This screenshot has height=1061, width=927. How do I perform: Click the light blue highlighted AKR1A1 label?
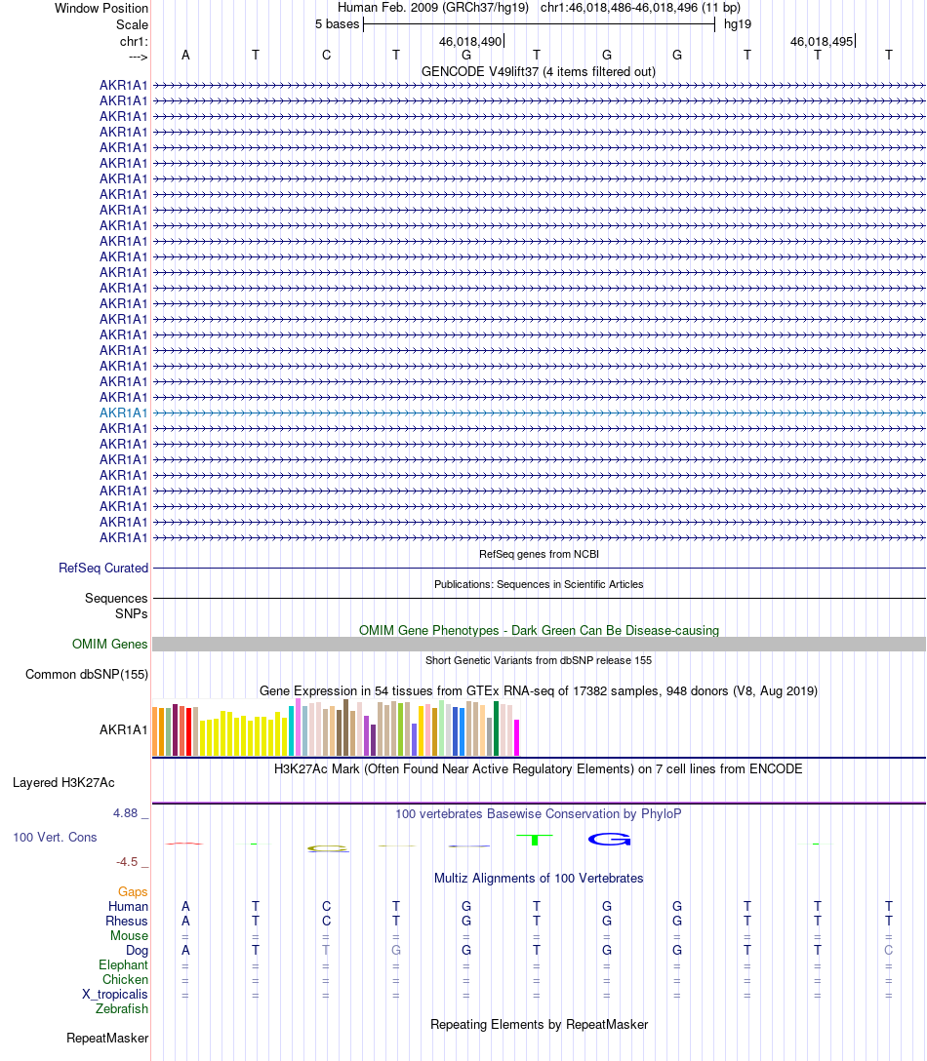click(x=123, y=413)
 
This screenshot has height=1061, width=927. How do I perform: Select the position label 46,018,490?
click(x=470, y=42)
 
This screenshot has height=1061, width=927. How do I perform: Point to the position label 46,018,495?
click(x=822, y=42)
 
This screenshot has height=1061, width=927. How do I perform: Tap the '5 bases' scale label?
click(x=337, y=23)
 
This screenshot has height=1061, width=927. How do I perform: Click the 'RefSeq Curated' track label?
click(x=103, y=568)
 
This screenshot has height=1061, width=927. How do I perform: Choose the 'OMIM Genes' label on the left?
click(x=110, y=644)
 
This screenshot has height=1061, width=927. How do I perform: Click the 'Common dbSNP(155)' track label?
click(x=87, y=674)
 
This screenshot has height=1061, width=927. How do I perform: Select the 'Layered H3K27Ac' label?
click(x=63, y=782)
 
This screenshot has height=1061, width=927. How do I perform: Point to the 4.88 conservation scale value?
click(x=129, y=812)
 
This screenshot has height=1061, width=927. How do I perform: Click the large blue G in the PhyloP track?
click(x=609, y=839)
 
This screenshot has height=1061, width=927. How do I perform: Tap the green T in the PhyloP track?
click(x=536, y=839)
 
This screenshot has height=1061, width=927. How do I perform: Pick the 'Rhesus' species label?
click(x=127, y=921)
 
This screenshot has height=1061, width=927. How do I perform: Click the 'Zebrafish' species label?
click(x=122, y=1008)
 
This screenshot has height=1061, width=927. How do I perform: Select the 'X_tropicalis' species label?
click(x=115, y=994)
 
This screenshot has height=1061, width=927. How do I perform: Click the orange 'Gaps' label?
click(x=133, y=891)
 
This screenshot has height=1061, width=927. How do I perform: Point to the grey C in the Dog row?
click(x=888, y=950)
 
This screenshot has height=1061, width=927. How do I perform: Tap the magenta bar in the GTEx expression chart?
click(x=517, y=737)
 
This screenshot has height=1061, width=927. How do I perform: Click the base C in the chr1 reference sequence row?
click(x=326, y=55)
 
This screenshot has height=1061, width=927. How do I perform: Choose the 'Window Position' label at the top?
click(x=101, y=8)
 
